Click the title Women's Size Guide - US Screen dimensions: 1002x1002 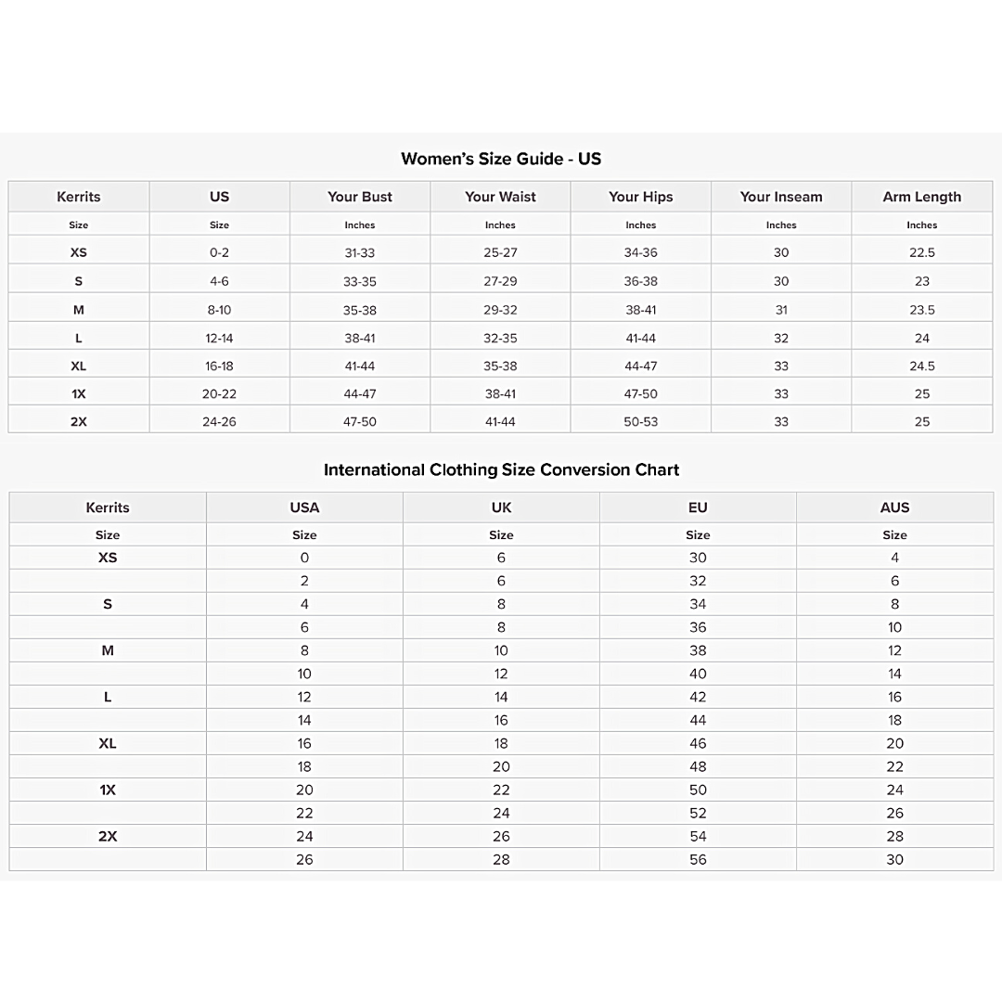[501, 159]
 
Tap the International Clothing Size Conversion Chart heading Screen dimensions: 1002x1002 [501, 469]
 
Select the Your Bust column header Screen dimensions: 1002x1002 [360, 197]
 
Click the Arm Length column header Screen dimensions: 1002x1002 [921, 197]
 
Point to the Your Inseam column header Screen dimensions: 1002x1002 [781, 197]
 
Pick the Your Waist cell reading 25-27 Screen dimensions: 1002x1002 [500, 252]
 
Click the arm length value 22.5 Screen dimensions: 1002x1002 [921, 252]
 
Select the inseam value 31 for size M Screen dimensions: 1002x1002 [781, 310]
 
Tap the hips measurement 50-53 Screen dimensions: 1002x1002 [640, 421]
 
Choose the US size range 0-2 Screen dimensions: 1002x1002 [219, 252]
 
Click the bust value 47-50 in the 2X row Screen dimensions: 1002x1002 [360, 421]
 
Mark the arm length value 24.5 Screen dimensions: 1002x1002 [921, 366]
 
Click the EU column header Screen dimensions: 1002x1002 [698, 507]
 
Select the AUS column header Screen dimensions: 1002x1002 [894, 507]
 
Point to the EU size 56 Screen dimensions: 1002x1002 [698, 859]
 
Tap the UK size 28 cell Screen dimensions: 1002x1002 [501, 859]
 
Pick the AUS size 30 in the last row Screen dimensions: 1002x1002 [894, 859]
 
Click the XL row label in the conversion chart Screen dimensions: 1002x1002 [108, 743]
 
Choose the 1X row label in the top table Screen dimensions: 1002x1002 [79, 393]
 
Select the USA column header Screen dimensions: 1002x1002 [304, 507]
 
